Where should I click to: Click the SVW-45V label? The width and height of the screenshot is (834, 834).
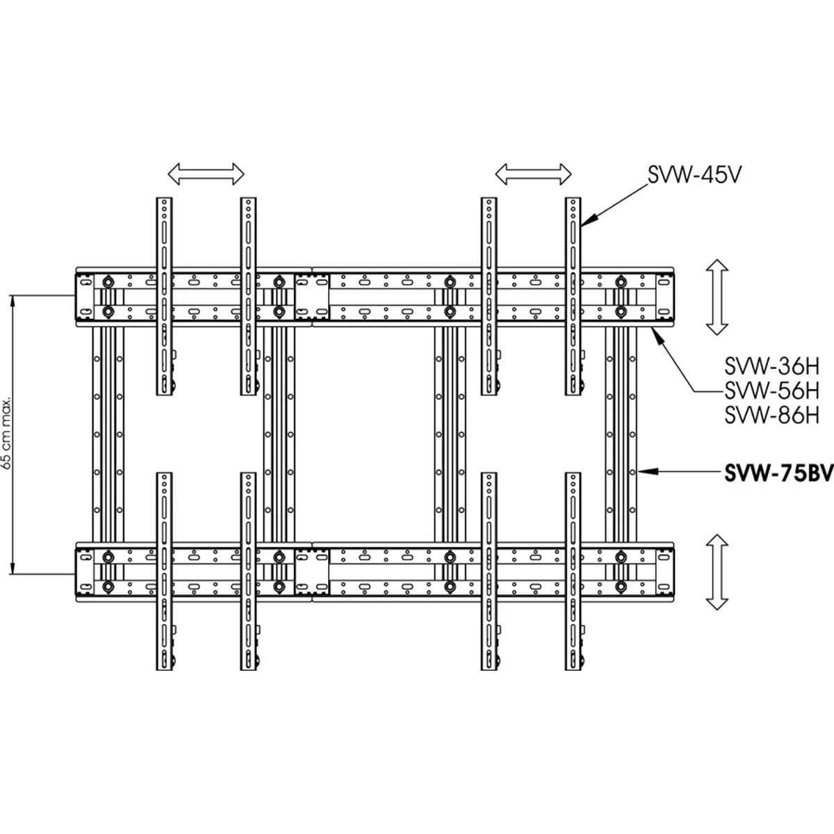click(694, 175)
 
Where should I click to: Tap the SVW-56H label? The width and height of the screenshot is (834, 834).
click(772, 391)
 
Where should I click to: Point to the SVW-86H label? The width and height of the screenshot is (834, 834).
click(772, 416)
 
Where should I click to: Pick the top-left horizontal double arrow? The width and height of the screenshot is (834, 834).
click(206, 174)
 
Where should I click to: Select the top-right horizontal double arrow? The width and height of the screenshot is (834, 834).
click(533, 174)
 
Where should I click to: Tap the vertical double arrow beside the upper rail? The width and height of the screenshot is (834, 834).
click(717, 297)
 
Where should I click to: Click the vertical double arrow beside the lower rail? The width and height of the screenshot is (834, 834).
click(717, 572)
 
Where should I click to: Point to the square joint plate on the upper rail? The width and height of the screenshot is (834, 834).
click(311, 297)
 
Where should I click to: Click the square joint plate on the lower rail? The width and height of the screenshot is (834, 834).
click(311, 572)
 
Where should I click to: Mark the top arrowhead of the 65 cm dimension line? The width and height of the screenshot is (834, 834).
click(13, 300)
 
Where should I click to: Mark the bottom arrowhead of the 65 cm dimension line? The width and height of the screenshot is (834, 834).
click(13, 569)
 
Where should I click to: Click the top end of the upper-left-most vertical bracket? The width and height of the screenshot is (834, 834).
click(164, 198)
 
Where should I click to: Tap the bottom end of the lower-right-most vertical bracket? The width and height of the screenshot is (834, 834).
click(573, 669)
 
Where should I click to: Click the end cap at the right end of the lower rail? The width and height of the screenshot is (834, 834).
click(665, 572)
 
